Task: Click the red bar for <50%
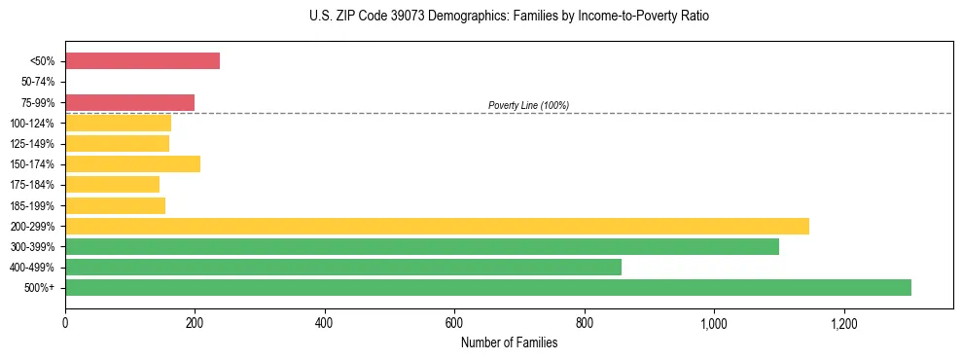click(142, 61)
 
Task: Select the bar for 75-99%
click(129, 102)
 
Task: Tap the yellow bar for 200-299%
click(437, 227)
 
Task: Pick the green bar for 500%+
click(488, 288)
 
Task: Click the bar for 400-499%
click(343, 268)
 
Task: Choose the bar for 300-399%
click(422, 247)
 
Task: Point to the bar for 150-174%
click(132, 164)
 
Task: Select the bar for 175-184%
click(112, 185)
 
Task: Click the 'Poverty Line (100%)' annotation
click(528, 105)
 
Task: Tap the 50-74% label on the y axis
click(39, 82)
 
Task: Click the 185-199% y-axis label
click(33, 206)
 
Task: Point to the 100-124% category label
click(33, 124)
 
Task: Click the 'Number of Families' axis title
click(509, 342)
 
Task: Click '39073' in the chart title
click(394, 17)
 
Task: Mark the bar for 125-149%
click(117, 144)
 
